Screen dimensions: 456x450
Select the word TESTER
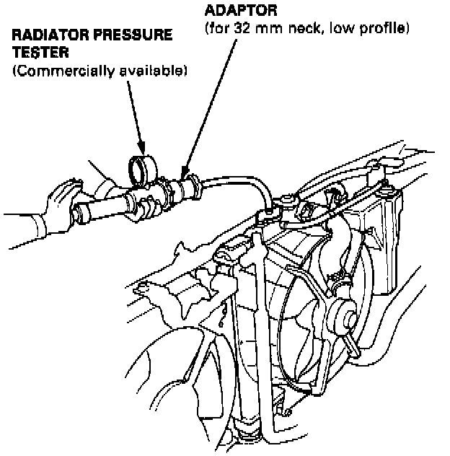pyautogui.click(x=34, y=52)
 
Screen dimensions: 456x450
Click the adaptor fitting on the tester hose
pyautogui.click(x=189, y=187)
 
